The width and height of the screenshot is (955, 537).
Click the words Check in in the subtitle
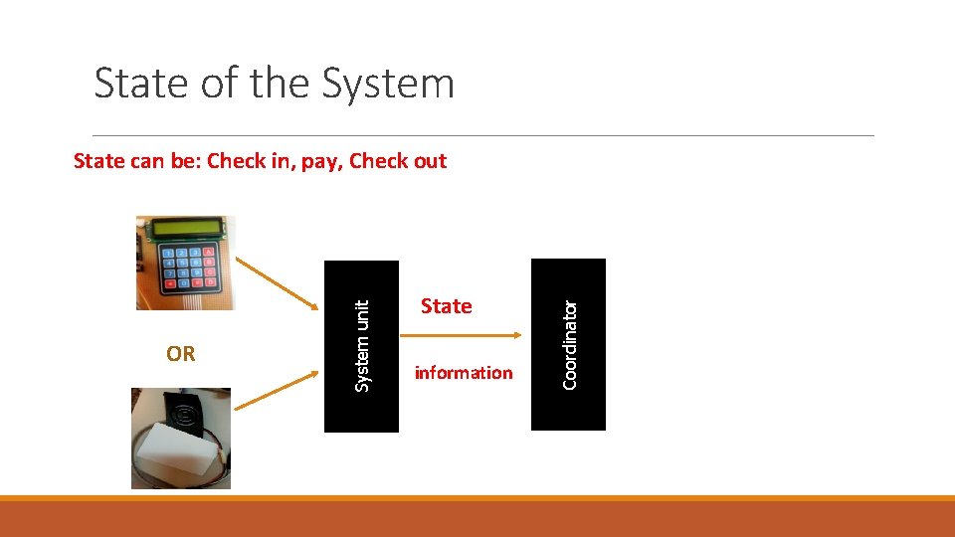[249, 161]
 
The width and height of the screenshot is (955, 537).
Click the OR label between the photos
[181, 354]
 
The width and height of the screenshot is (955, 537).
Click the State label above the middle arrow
[446, 306]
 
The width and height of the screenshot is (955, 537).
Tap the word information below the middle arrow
[464, 373]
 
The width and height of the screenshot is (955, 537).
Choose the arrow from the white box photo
[273, 392]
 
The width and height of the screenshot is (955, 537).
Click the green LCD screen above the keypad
[184, 230]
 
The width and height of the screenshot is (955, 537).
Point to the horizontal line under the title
[483, 135]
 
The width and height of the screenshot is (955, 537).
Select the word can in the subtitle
[147, 161]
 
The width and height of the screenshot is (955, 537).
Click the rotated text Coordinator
[570, 344]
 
